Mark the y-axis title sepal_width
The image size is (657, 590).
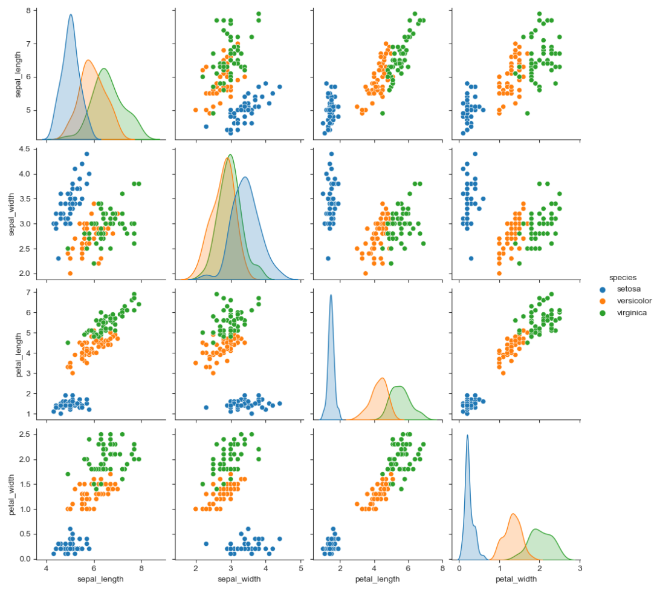11,215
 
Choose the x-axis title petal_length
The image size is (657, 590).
378,580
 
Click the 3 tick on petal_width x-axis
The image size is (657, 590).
580,569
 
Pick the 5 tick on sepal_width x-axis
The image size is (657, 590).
301,569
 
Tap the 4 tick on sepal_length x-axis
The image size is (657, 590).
47,569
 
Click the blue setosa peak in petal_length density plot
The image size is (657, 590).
331,295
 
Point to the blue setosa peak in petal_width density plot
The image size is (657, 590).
467,435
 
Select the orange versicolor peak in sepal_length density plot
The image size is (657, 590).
88,60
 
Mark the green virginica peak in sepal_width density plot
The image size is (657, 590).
230,155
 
